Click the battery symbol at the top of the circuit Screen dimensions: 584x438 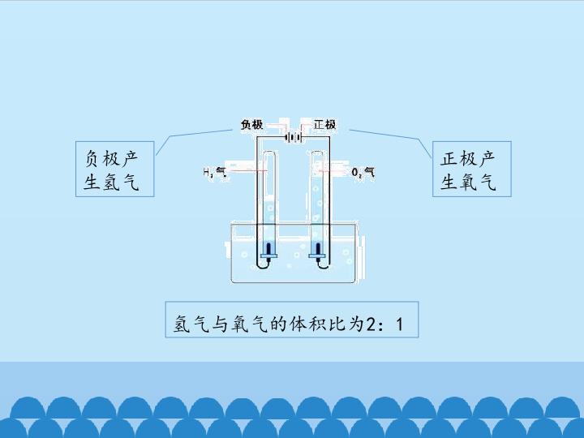pyautogui.click(x=293, y=138)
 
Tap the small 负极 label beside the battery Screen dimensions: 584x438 pyautogui.click(x=251, y=124)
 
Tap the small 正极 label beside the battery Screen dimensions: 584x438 pyautogui.click(x=324, y=124)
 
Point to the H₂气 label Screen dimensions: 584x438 pyautogui.click(x=215, y=172)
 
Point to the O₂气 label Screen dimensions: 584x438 pyautogui.click(x=363, y=172)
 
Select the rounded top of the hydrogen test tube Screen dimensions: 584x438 pyautogui.click(x=268, y=152)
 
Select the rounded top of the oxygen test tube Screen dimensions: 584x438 pyautogui.click(x=317, y=152)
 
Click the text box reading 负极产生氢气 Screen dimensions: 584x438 pyautogui.click(x=114, y=169)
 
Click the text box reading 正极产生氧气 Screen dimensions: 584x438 pyautogui.click(x=471, y=169)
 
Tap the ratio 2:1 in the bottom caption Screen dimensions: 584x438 pyautogui.click(x=384, y=324)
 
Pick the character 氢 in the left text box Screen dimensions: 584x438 pyautogui.click(x=111, y=182)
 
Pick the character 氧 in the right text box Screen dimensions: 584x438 pyautogui.click(x=469, y=182)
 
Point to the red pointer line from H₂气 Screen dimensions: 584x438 pyautogui.click(x=247, y=171)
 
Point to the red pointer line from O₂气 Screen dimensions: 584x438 pyautogui.click(x=334, y=171)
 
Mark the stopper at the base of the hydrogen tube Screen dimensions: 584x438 pyautogui.click(x=269, y=255)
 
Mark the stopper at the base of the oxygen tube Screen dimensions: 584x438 pyautogui.click(x=318, y=255)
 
